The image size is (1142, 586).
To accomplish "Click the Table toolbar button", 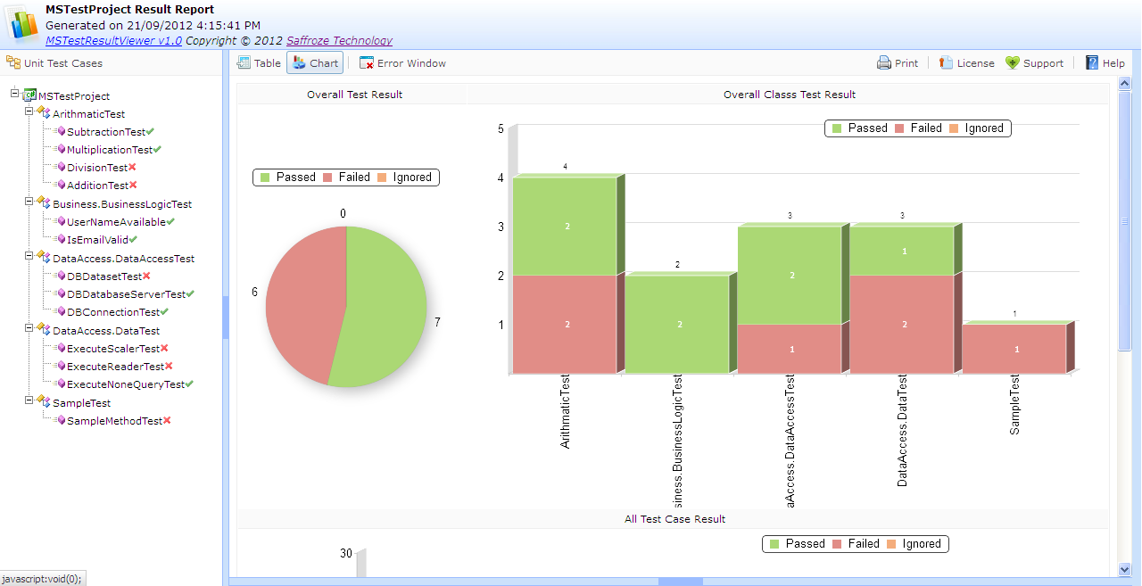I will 259,63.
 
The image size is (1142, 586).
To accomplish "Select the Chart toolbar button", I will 315,63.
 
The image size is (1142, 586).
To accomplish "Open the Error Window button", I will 402,63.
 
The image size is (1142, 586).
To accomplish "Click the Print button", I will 898,63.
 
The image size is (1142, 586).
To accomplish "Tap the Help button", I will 1105,63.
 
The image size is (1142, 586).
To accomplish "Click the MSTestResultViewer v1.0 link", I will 113,40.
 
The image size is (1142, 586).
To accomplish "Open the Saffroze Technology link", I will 339,40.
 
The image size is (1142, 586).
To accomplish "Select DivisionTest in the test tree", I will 97,168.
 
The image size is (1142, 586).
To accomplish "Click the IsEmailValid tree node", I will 97,240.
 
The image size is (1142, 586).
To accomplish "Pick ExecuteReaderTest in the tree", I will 115,367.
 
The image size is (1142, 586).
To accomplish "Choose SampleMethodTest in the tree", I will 114,421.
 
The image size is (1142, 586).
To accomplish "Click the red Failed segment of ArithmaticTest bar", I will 565,324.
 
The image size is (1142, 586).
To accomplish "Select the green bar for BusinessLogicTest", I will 677,324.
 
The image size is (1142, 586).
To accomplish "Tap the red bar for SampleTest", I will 1014,349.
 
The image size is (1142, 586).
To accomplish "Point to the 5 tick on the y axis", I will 501,129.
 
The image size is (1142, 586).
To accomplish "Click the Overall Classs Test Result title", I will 789,95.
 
